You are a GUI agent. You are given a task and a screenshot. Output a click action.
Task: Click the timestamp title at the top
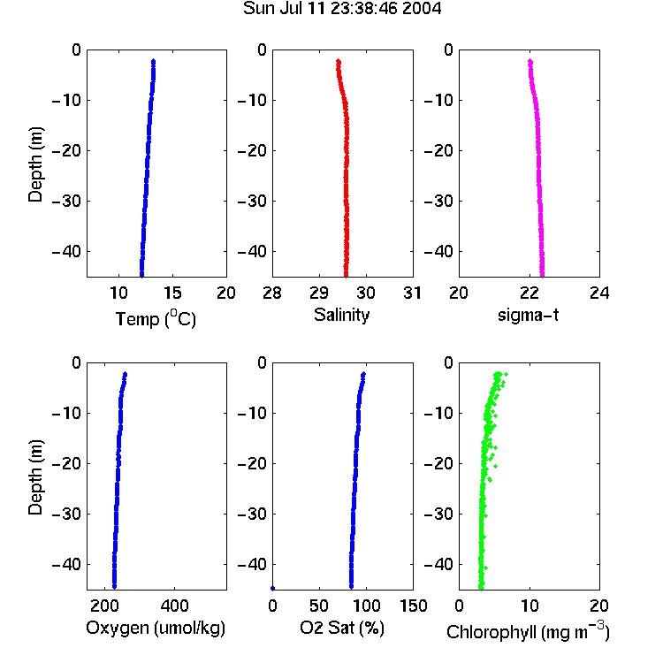(x=342, y=8)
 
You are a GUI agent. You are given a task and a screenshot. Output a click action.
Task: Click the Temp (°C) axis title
(x=156, y=318)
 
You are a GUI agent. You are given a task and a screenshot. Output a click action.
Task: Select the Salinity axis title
(x=341, y=315)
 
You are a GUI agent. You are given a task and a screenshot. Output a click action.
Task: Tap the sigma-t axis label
(x=528, y=315)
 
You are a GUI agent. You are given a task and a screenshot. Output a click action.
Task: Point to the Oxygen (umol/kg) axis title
(x=156, y=629)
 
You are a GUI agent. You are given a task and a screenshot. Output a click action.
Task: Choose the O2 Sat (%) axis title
(x=342, y=628)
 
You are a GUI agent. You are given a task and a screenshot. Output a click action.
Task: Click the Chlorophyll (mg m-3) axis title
(x=528, y=631)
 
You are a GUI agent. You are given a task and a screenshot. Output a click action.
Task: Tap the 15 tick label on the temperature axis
(x=172, y=293)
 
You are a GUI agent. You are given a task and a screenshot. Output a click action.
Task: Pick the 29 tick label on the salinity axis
(x=319, y=293)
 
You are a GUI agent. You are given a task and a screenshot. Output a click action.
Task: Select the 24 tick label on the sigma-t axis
(x=599, y=293)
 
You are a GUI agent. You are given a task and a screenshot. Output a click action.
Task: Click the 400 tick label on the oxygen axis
(x=175, y=606)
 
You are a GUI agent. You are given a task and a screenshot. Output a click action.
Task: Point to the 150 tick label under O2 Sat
(x=413, y=606)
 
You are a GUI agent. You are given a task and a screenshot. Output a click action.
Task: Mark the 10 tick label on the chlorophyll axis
(x=530, y=606)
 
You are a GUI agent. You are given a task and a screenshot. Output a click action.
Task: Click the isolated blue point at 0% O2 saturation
(x=273, y=588)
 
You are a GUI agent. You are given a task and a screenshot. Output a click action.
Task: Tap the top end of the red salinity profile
(x=339, y=61)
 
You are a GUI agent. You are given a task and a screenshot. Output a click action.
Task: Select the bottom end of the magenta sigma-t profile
(x=542, y=275)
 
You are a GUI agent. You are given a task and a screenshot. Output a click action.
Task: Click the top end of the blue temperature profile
(x=154, y=61)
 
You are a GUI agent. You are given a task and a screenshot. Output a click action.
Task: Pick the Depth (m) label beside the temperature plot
(x=35, y=164)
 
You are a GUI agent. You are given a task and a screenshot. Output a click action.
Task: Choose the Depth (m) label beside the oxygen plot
(x=35, y=477)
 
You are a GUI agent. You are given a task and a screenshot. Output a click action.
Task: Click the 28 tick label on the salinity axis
(x=272, y=293)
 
